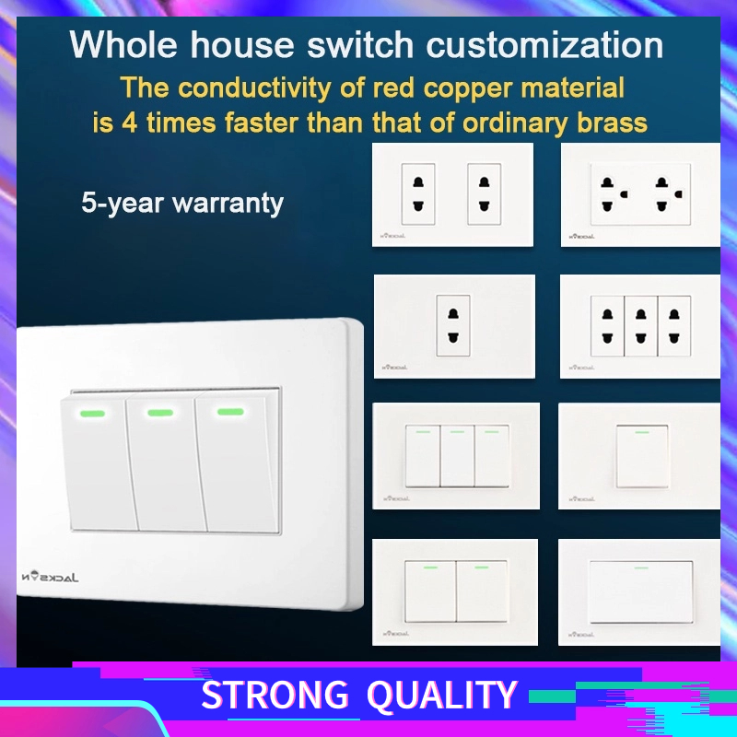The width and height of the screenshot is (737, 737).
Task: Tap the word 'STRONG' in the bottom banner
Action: [x=275, y=696]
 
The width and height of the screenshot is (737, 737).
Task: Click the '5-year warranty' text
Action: [x=181, y=204]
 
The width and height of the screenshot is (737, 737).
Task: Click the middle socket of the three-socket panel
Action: [x=641, y=325]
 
